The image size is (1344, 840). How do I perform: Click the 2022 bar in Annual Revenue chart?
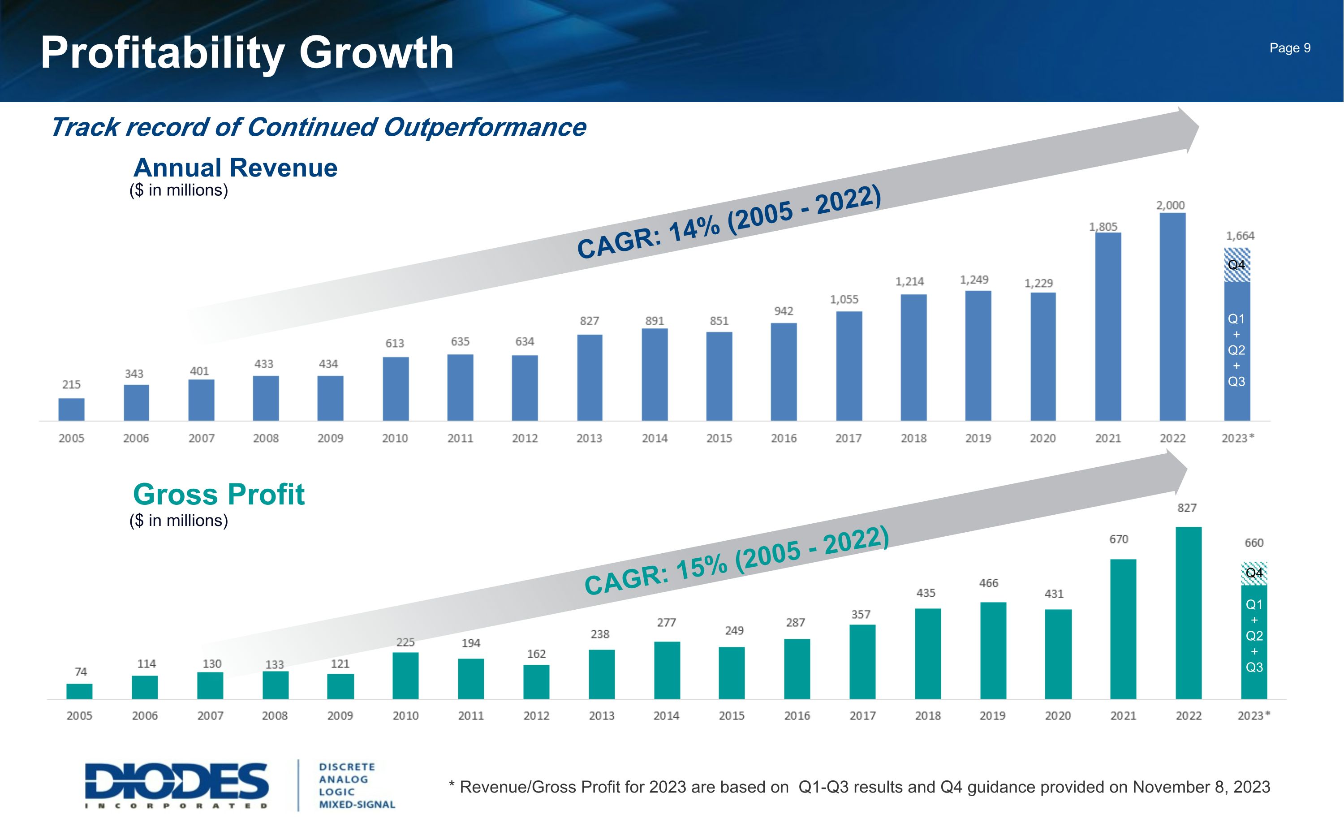(x=1172, y=317)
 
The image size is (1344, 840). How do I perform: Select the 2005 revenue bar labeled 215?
(x=72, y=409)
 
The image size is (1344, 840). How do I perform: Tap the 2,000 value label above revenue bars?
(x=1170, y=205)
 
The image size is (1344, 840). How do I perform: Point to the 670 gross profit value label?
(x=1119, y=539)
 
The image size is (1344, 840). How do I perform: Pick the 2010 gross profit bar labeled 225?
(x=405, y=676)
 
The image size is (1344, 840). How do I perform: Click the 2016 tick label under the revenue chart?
(x=784, y=438)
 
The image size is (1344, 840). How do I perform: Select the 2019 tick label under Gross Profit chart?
(x=992, y=715)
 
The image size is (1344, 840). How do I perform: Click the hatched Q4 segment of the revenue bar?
(x=1237, y=265)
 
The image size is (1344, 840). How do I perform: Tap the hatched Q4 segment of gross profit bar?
(x=1254, y=573)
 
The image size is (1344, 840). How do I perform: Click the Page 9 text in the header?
(x=1290, y=48)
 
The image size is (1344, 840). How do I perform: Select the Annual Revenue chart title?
(x=236, y=168)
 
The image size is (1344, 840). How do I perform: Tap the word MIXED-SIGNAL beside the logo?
(x=357, y=805)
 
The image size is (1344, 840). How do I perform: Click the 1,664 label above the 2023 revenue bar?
(x=1240, y=236)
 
